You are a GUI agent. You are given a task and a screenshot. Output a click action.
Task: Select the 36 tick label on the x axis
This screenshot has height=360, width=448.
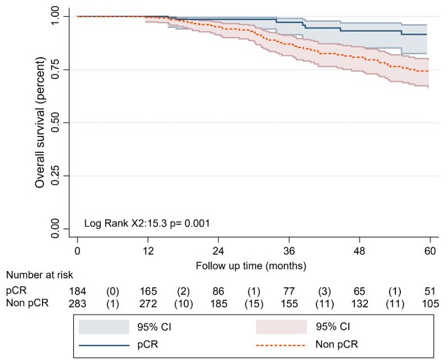click(289, 251)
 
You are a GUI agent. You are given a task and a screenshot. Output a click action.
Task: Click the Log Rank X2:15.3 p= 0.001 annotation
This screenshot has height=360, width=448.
click(147, 223)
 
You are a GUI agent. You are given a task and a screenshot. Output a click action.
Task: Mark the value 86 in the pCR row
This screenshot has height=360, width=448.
click(219, 292)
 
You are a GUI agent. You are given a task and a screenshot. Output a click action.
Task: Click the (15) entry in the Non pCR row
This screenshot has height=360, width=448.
click(254, 303)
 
